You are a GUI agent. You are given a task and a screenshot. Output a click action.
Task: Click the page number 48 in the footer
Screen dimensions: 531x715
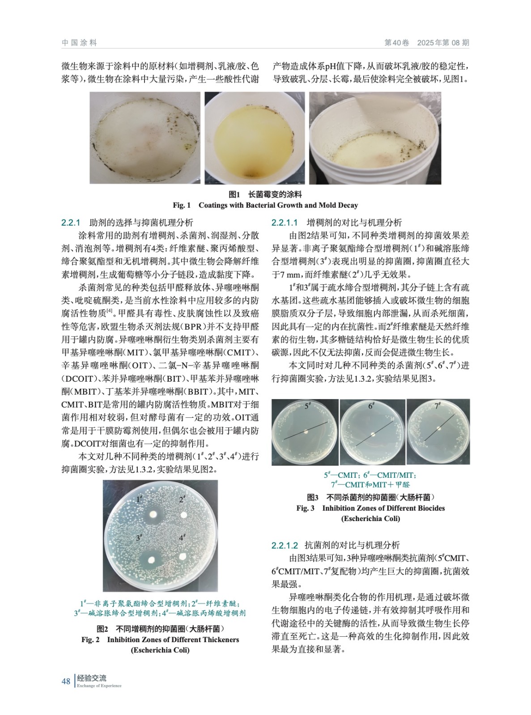click(66, 681)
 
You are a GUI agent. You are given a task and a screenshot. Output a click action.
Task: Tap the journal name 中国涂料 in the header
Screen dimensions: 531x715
click(80, 42)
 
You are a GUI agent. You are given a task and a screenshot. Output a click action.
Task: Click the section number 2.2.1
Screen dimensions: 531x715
click(71, 223)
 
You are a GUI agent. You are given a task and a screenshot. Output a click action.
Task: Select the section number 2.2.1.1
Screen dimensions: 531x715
click(285, 223)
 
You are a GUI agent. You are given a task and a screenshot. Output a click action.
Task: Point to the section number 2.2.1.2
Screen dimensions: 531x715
click(285, 545)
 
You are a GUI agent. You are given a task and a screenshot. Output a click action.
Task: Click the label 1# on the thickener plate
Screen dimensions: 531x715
click(139, 499)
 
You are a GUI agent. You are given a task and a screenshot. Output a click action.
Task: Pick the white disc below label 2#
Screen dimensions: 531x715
click(184, 515)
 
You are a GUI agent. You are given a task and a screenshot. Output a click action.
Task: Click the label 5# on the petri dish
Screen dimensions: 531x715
click(308, 406)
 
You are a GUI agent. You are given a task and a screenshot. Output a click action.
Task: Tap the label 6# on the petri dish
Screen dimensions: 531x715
click(371, 406)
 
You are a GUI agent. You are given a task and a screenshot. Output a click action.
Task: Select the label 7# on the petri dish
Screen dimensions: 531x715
click(438, 406)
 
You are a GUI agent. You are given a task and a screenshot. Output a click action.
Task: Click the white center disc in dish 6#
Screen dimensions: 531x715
click(373, 434)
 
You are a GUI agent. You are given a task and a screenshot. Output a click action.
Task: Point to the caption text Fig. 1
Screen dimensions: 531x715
click(182, 205)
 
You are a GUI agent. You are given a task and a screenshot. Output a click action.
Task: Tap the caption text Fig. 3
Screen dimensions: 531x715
click(306, 509)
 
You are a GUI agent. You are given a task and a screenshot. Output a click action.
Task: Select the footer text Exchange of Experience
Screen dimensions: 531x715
click(99, 686)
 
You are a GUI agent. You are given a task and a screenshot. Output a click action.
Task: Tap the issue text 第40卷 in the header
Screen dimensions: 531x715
click(397, 42)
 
